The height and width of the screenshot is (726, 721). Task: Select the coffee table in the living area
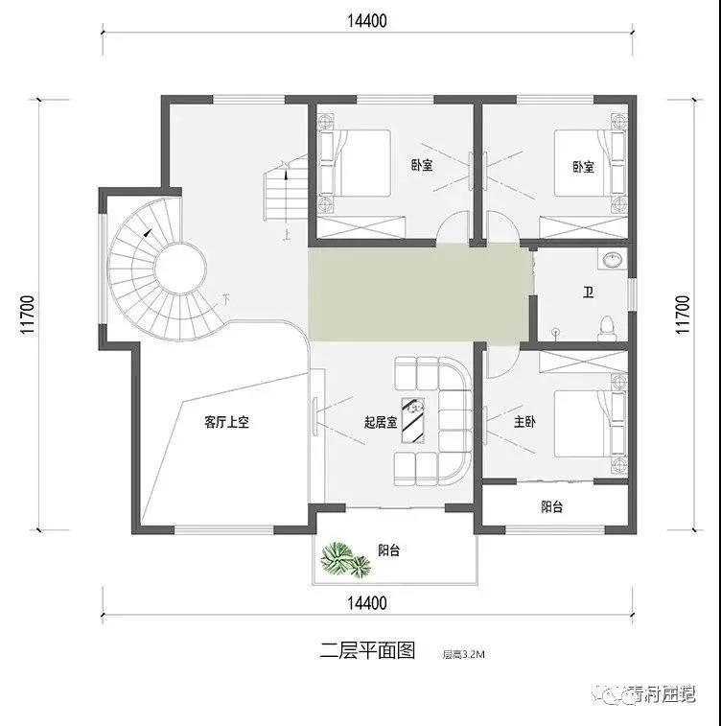point(415,419)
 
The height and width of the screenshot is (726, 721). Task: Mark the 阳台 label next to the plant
point(388,550)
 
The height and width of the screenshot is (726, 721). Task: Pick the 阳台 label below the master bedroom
point(552,506)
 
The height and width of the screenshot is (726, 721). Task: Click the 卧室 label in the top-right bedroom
point(583,166)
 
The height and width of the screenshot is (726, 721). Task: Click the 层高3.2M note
point(464,655)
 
